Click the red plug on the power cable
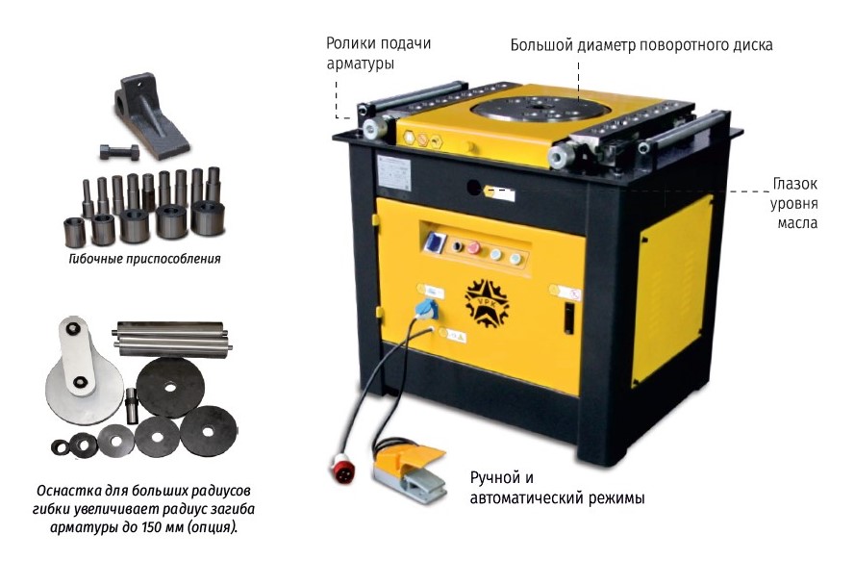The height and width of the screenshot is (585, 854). point(342,470)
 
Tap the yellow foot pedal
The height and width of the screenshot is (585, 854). point(409,471)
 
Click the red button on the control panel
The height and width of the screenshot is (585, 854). point(473,248)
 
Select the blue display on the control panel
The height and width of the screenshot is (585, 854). point(435,242)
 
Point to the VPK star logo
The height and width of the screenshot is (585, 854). point(487,303)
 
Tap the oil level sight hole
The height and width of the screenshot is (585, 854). point(474,188)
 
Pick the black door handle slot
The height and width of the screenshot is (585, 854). point(568,318)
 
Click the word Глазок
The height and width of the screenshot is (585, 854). point(794,184)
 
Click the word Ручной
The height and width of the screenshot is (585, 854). point(495,478)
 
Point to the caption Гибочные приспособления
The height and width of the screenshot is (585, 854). point(145,259)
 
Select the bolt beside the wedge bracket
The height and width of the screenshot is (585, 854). point(119,151)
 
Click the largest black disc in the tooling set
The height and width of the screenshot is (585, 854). point(170,388)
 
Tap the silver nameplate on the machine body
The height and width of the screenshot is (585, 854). point(393,173)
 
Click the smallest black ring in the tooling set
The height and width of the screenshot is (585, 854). point(60,447)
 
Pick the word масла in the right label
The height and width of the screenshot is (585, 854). point(797,223)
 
